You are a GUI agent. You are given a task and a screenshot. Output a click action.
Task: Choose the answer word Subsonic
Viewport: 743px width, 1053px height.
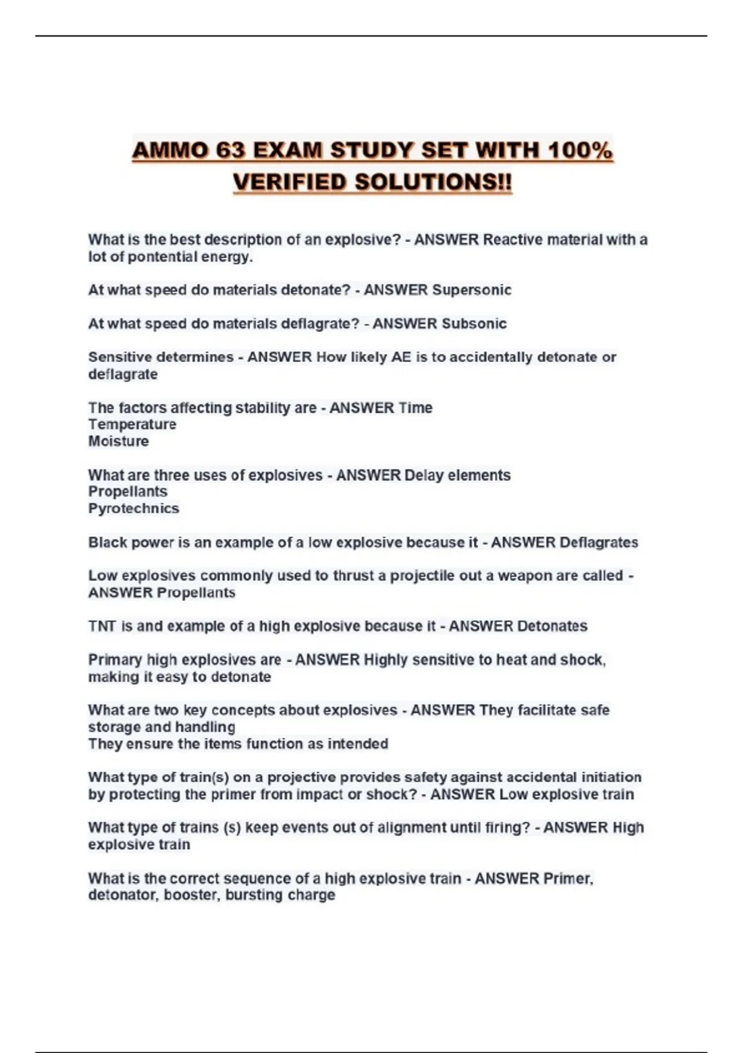pyautogui.click(x=473, y=323)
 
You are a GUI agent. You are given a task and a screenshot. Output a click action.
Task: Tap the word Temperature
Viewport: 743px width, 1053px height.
pyautogui.click(x=132, y=424)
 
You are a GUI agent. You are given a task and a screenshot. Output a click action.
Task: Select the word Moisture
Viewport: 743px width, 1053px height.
pyautogui.click(x=118, y=441)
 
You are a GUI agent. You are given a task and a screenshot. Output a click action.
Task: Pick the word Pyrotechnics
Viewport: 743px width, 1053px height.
pyautogui.click(x=134, y=509)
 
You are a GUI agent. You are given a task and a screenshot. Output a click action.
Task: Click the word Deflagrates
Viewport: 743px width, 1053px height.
pyautogui.click(x=598, y=543)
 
